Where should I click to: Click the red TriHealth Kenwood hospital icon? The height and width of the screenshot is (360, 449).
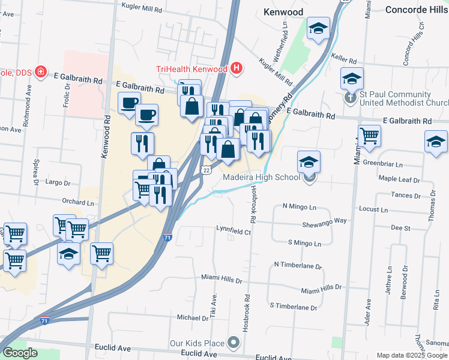[x=237, y=68]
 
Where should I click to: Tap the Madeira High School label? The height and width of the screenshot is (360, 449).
[x=261, y=177]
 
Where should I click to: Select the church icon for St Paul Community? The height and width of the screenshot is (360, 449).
[x=352, y=96]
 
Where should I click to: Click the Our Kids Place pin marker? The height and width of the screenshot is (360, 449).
[x=234, y=344]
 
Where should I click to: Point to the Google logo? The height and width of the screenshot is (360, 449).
[x=20, y=353]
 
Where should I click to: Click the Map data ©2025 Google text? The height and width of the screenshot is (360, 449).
[x=412, y=356]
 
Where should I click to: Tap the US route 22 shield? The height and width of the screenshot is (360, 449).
[x=206, y=171]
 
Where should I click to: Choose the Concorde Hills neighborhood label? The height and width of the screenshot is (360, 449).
[x=417, y=10]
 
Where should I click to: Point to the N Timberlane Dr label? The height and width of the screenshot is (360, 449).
[x=298, y=265]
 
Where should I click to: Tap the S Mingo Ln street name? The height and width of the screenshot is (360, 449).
[x=304, y=244]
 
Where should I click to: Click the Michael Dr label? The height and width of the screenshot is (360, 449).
[x=191, y=317]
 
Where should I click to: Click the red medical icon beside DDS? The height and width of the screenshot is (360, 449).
[x=41, y=73]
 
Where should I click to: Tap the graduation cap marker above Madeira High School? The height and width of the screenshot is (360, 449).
[x=309, y=161]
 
